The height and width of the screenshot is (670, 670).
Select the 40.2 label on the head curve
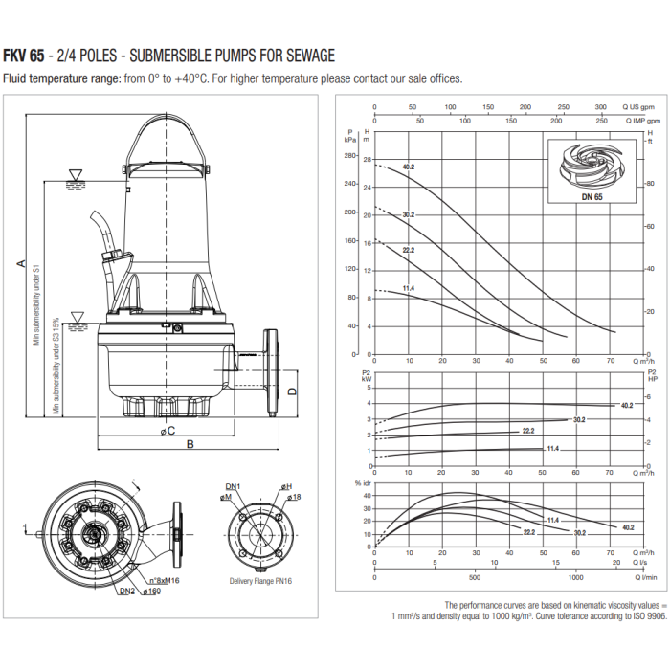tap(408, 167)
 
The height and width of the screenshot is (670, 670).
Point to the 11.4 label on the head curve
tap(408, 288)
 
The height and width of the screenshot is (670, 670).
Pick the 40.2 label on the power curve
tap(627, 406)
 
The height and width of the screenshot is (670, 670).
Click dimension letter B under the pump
tap(190, 444)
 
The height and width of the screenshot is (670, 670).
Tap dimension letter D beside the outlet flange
tap(293, 391)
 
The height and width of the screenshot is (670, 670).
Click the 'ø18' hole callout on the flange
tap(293, 498)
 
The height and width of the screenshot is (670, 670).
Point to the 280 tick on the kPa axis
tap(349, 156)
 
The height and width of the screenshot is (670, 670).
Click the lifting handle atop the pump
tap(168, 124)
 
